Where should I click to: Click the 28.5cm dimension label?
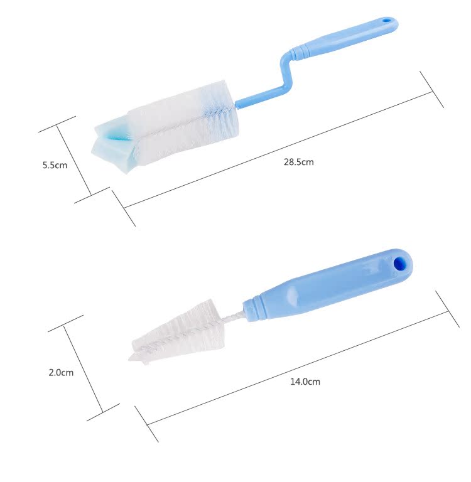tap(298, 162)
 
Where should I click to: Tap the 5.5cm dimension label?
tap(55, 165)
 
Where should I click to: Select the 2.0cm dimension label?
tap(61, 373)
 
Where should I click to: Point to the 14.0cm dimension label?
tap(305, 382)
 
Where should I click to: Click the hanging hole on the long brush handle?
tap(386, 21)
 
